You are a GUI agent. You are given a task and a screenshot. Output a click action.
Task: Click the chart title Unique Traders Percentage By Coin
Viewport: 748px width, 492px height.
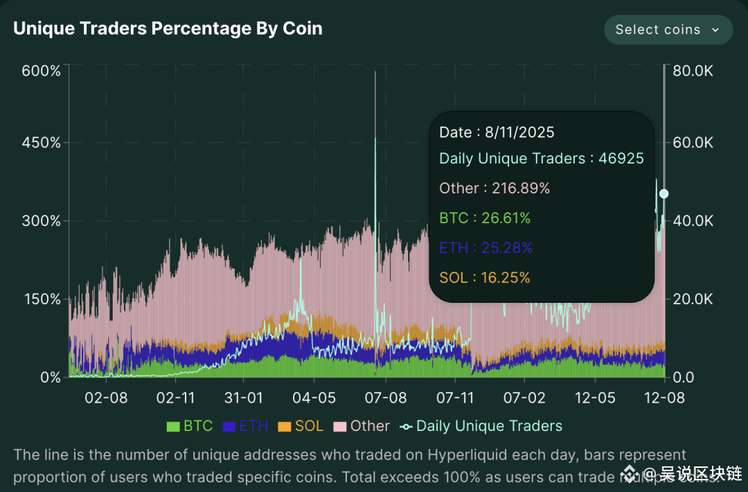168,28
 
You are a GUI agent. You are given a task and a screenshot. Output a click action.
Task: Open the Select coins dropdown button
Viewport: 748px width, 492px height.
668,30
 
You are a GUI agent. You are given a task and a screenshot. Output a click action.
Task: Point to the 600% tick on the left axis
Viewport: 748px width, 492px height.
42,71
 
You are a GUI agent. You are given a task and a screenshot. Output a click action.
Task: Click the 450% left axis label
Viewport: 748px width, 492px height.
42,143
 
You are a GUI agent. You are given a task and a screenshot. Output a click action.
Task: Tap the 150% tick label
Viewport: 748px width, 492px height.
42,299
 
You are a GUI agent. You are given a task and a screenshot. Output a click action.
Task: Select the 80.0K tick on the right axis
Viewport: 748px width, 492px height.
693,71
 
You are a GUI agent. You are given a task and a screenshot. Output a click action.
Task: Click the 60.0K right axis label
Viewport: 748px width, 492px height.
693,143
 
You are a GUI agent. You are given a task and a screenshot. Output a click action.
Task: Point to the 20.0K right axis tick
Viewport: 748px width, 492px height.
693,299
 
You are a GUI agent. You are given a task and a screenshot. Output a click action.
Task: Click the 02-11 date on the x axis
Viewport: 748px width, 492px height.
175,398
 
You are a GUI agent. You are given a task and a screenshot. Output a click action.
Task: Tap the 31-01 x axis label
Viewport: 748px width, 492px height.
244,398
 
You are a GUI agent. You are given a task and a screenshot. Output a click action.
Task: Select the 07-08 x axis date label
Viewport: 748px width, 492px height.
385,398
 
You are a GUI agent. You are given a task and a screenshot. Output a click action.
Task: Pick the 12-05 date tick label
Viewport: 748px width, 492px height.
595,398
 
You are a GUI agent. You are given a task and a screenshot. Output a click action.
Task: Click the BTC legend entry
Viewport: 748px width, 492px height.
190,426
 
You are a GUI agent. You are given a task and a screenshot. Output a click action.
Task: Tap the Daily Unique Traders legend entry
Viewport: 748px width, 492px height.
482,426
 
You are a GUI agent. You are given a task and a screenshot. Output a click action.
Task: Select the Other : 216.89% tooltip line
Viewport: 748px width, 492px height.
495,188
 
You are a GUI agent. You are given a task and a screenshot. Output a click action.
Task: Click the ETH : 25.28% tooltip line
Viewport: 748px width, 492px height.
486,248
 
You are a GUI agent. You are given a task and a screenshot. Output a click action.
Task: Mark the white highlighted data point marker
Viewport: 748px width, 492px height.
664,193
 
